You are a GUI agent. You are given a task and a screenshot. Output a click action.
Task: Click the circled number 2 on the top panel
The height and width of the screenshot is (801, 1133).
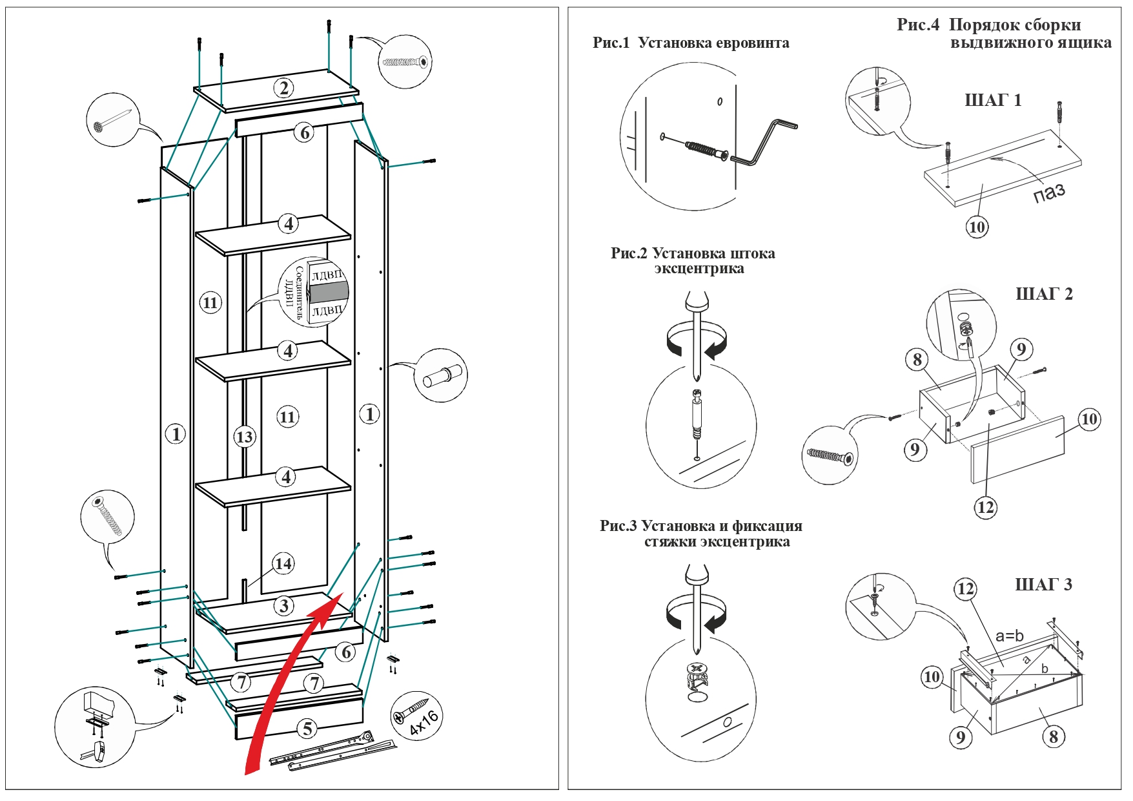tap(283, 88)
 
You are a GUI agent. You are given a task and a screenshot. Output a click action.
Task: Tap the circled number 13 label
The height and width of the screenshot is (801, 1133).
tap(244, 437)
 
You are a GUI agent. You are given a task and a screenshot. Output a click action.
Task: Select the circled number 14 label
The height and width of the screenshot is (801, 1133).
tap(283, 563)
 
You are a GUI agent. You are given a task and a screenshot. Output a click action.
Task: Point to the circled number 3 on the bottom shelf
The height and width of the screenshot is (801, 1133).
tap(283, 606)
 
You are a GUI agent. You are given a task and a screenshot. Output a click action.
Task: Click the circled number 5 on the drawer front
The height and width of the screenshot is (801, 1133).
tap(307, 729)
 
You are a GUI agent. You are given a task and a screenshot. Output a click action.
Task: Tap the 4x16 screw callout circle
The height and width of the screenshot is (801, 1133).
tap(416, 716)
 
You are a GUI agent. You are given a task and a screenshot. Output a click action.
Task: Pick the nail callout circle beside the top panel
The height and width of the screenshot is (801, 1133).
tap(113, 120)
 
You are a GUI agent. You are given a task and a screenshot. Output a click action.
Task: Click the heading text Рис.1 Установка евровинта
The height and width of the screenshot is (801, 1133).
tap(691, 43)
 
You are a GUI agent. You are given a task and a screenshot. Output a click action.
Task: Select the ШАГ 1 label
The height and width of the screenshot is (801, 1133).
tap(993, 100)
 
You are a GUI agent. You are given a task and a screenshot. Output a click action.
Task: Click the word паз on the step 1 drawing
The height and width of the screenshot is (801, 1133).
tap(1049, 192)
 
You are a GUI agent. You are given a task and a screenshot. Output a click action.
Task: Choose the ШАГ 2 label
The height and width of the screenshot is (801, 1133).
tap(1044, 294)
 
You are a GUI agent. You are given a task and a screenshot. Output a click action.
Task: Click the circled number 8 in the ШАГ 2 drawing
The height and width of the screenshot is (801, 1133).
tap(917, 359)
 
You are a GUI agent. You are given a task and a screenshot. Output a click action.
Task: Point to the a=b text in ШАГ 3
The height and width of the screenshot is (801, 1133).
tap(1010, 636)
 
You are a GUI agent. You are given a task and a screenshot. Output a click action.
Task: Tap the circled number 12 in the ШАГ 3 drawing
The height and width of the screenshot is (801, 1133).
tap(965, 588)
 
